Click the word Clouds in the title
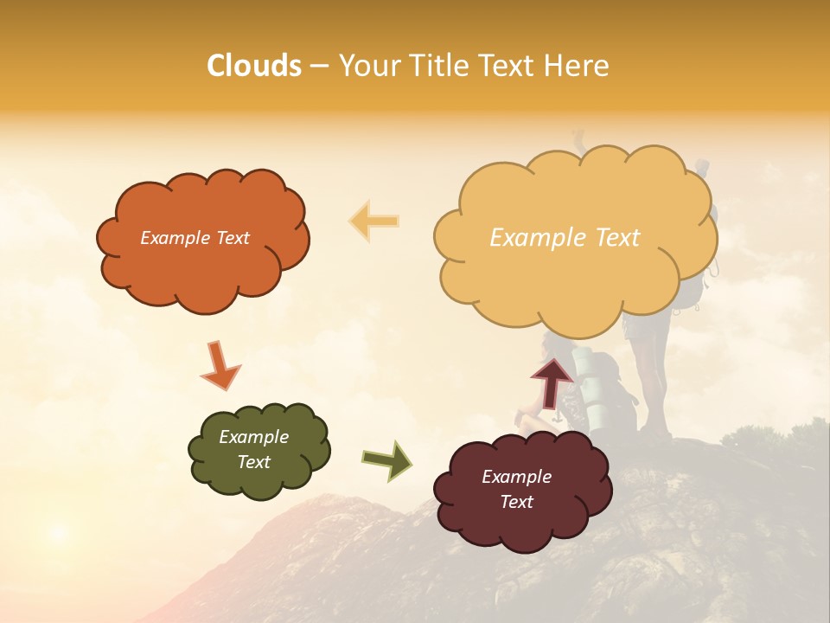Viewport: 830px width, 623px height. tap(254, 66)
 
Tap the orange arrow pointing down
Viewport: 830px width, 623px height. tap(220, 365)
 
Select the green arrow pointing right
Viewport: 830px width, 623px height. tap(386, 460)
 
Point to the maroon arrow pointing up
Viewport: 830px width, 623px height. tap(552, 382)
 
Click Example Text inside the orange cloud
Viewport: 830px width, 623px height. tap(195, 238)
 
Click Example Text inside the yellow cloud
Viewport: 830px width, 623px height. tap(565, 238)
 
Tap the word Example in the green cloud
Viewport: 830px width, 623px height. tap(253, 437)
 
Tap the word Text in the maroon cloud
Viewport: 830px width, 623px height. tap(516, 502)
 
